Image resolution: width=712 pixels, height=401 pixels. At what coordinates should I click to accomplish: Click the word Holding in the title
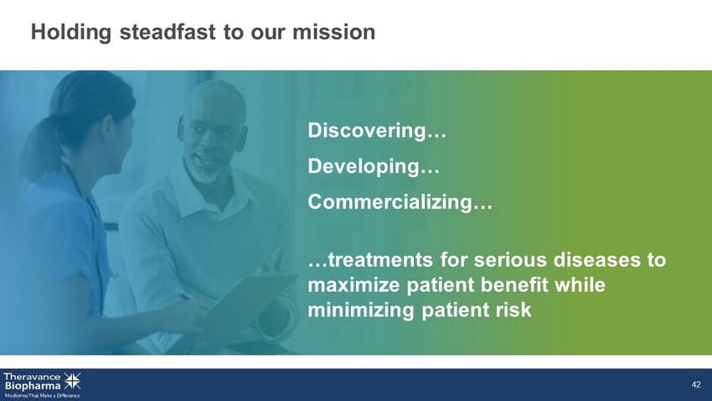coord(71,32)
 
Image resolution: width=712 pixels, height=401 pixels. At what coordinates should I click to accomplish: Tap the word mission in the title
coord(333,32)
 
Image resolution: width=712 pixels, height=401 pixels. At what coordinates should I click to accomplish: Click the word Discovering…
coord(377,131)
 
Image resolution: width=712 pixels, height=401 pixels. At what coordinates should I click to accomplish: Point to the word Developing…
coord(374,166)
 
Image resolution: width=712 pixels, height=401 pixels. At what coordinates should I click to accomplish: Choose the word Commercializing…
coord(400,202)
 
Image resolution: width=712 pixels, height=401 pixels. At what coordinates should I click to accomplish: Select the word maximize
coord(353,285)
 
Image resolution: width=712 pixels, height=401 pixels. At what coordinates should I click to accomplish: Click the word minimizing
coord(360,310)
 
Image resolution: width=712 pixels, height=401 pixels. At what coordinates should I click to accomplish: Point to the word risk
coord(514,310)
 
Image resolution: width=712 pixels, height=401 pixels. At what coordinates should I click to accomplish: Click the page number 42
coord(696,385)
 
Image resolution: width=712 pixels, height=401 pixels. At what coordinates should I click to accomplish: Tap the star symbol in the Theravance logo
coord(72,381)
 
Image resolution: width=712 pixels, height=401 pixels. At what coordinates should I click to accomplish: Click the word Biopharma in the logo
coord(32,386)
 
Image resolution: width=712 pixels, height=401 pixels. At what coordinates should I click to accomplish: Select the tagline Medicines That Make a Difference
coord(42,396)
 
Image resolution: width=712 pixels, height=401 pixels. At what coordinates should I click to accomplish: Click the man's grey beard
coord(204,172)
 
